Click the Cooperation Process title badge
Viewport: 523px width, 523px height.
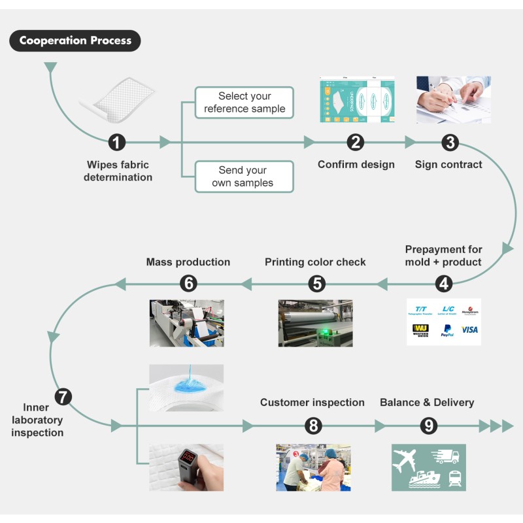[75, 41]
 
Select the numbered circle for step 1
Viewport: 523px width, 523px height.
[117, 142]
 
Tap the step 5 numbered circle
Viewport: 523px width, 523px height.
[316, 283]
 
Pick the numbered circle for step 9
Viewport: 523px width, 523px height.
[428, 426]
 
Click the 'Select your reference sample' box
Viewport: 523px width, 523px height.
[245, 103]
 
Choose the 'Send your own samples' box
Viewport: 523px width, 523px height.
[245, 177]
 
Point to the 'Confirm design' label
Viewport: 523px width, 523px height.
[356, 164]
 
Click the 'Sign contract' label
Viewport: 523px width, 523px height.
[448, 164]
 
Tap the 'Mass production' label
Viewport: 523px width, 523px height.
[188, 262]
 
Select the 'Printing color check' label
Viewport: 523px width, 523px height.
[315, 262]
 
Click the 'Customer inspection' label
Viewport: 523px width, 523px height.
[312, 402]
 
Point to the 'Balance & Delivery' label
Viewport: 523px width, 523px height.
[427, 402]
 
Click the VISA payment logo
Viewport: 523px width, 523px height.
[469, 330]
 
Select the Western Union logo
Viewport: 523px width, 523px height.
[420, 331]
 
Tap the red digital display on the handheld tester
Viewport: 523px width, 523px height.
[190, 455]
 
